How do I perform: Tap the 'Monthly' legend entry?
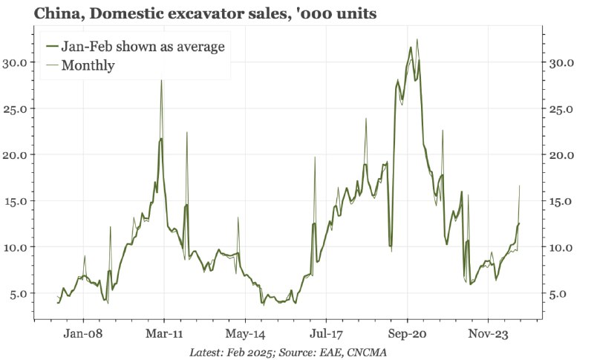coord(88,65)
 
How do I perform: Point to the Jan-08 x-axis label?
coord(83,334)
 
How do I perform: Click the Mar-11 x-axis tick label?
coord(164,334)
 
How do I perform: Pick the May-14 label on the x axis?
coord(245,334)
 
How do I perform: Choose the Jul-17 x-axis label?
coord(327,334)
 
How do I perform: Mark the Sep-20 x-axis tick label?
coord(408,334)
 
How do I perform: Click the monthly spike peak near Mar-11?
coord(161,80)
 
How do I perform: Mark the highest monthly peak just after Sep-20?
coord(417,39)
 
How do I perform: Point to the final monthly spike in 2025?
coord(519,186)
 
